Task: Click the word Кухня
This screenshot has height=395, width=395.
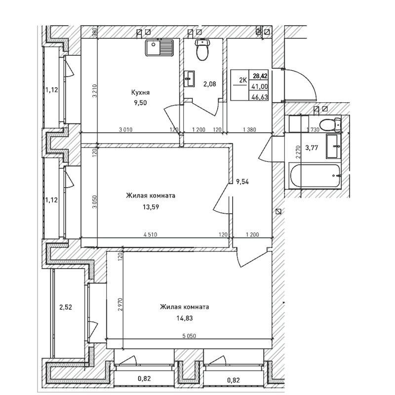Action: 140,92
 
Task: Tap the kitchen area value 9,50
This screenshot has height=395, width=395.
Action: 140,103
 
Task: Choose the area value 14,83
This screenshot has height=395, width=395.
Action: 184,318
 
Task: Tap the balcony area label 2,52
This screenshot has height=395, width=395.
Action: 66,307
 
